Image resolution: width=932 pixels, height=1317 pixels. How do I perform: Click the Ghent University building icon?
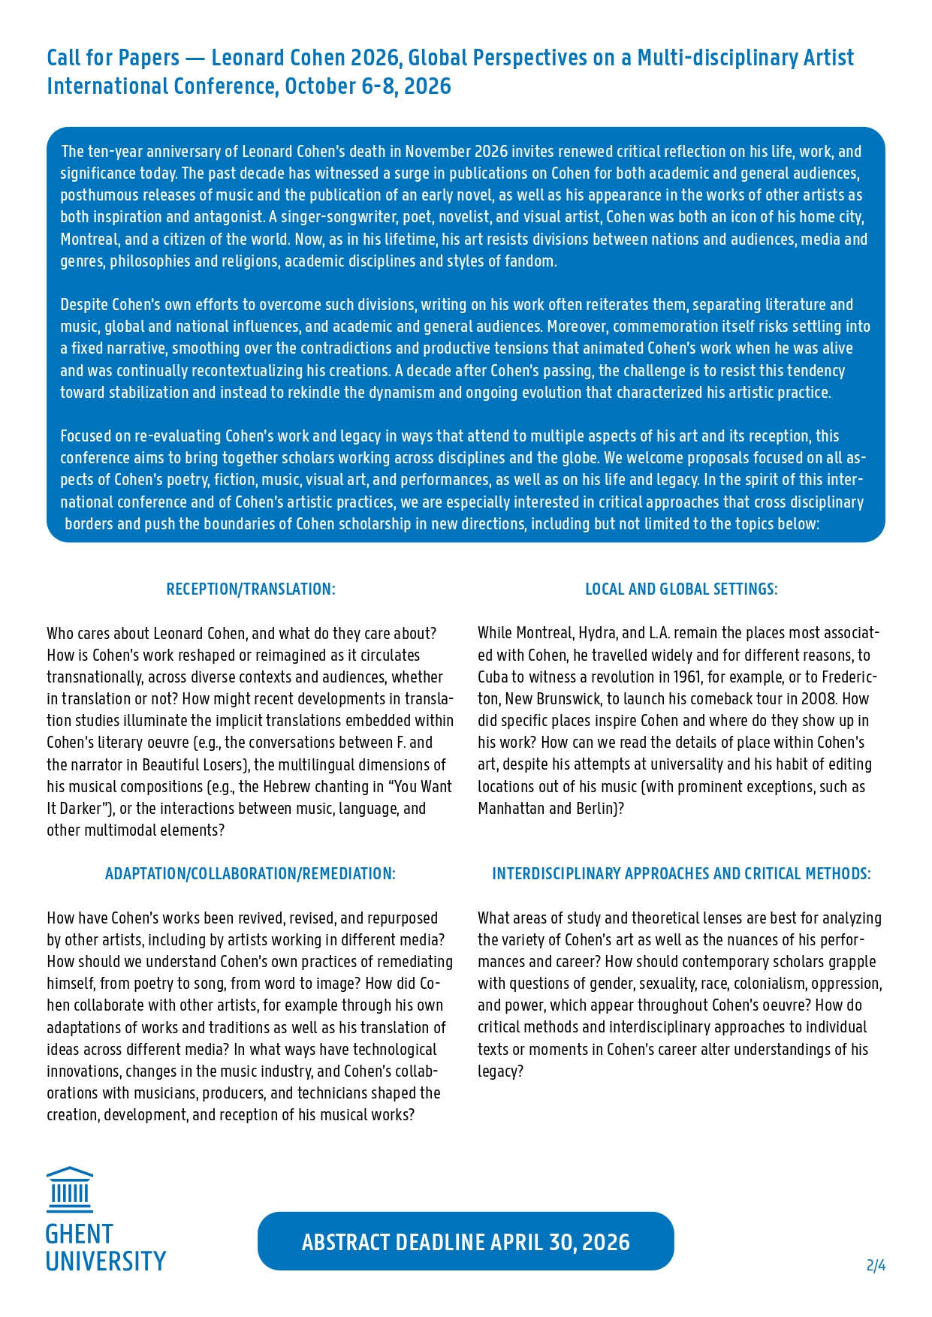pos(70,1189)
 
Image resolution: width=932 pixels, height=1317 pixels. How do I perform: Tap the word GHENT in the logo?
pos(79,1234)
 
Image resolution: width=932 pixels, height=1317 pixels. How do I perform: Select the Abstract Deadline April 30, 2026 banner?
pos(466,1242)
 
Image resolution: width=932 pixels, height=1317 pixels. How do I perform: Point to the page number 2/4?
pos(876,1266)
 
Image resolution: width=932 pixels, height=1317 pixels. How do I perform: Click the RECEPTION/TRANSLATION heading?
pos(251,589)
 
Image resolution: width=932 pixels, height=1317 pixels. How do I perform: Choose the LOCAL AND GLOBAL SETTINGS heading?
pos(681,589)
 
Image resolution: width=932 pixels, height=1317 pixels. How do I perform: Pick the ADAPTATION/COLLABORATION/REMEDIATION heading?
pos(250,874)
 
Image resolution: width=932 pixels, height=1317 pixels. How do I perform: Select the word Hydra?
pos(598,634)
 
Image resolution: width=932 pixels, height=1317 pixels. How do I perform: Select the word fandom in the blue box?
pos(530,261)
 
